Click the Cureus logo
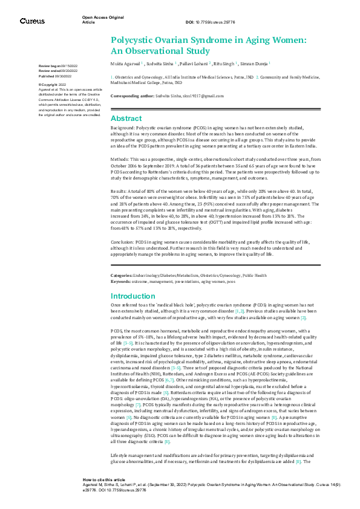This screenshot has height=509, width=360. point(32,21)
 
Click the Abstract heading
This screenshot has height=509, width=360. point(126,118)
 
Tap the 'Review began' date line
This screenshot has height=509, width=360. point(56,65)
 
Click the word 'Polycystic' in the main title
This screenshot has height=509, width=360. point(136,40)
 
